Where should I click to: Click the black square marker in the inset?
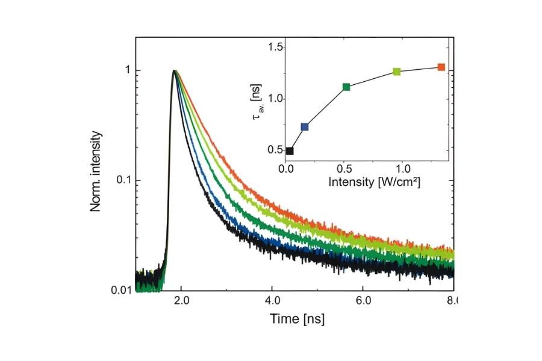point(290,151)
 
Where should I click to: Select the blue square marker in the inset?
point(305,126)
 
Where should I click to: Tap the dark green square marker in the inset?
point(346,87)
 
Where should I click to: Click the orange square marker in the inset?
point(441,67)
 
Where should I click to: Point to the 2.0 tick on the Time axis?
point(181,300)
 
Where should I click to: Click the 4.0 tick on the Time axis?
point(272,300)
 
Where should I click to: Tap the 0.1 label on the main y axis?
point(122,180)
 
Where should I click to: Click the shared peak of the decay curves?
point(175,71)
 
